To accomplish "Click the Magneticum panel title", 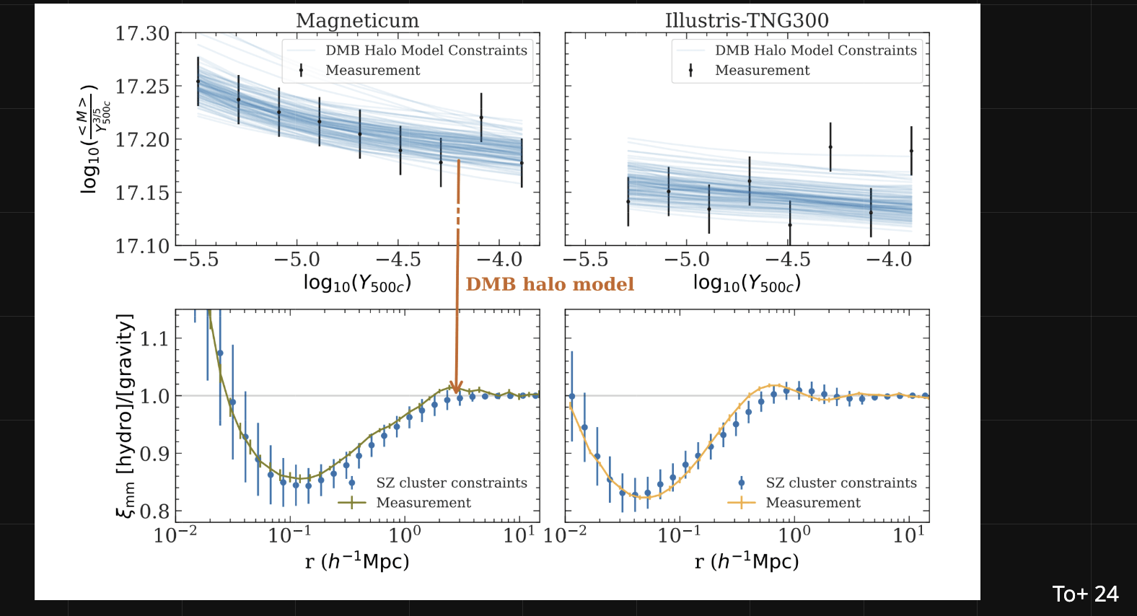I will pos(357,20).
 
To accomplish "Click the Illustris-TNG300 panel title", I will pos(747,20).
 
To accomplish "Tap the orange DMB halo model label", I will pos(550,284).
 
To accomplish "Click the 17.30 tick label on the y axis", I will pos(142,33).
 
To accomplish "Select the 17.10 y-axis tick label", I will pos(142,246).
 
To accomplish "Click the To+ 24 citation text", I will pos(1085,594).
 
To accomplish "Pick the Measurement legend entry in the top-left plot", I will pos(372,70).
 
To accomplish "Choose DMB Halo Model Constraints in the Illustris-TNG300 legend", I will pos(815,50).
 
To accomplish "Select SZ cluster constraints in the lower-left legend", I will pos(451,483).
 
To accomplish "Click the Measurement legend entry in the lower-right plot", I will pos(812,502).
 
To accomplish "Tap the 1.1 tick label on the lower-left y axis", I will pos(154,338).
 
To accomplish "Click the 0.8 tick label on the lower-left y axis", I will pos(154,511).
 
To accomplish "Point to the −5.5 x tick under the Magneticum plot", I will pos(196,260).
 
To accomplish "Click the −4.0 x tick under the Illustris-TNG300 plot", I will pos(889,260).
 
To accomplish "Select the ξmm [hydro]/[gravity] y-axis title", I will pos(126,415).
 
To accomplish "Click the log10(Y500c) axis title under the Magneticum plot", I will pos(357,283).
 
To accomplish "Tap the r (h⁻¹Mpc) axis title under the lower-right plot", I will pos(747,561).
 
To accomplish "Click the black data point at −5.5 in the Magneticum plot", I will pos(198,82).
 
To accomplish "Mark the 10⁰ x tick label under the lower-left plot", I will pos(405,535).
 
